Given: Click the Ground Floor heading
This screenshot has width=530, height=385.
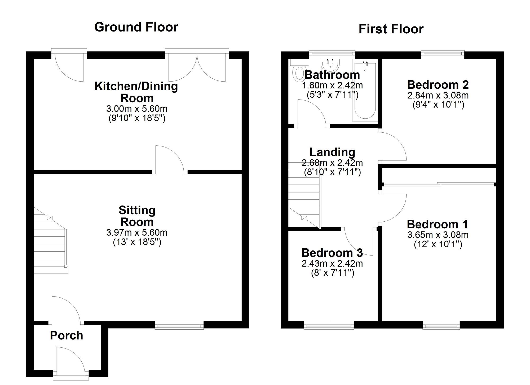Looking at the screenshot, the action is pyautogui.click(x=136, y=27).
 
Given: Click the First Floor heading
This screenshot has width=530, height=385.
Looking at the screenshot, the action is pyautogui.click(x=391, y=29).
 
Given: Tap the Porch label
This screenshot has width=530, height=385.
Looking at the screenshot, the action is pyautogui.click(x=67, y=335).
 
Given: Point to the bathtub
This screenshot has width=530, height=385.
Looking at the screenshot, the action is pyautogui.click(x=365, y=90).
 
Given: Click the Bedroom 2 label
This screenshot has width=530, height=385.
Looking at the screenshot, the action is pyautogui.click(x=438, y=85).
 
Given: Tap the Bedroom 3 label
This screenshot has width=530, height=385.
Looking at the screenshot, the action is pyautogui.click(x=332, y=253).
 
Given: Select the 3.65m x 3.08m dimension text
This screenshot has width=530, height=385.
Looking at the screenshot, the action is pyautogui.click(x=438, y=235).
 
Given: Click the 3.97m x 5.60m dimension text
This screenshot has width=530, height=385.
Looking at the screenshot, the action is pyautogui.click(x=137, y=232).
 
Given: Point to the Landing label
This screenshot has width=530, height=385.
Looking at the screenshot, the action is pyautogui.click(x=332, y=152).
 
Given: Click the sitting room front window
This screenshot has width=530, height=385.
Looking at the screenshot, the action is pyautogui.click(x=179, y=325).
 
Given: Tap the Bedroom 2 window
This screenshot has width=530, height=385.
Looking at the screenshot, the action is pyautogui.click(x=443, y=55).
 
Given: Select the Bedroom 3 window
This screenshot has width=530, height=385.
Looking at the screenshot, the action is pyautogui.click(x=329, y=325).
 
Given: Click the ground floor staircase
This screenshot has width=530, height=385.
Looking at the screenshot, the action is pyautogui.click(x=51, y=241).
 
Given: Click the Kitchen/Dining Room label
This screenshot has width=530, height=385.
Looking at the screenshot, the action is pyautogui.click(x=136, y=92).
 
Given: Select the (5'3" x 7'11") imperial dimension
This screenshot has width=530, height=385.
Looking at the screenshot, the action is pyautogui.click(x=332, y=95).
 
